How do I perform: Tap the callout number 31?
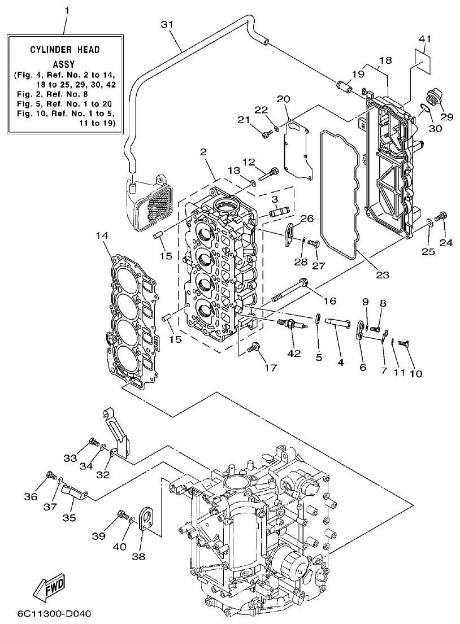pos(166,24)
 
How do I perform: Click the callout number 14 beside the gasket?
pos(101,235)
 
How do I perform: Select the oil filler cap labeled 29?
pos(436,98)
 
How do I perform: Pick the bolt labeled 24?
pos(442,216)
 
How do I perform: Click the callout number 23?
pos(383,276)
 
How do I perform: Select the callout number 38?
pos(138,556)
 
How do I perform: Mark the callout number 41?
pos(425,39)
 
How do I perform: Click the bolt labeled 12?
pos(274,172)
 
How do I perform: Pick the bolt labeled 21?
pos(266,133)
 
